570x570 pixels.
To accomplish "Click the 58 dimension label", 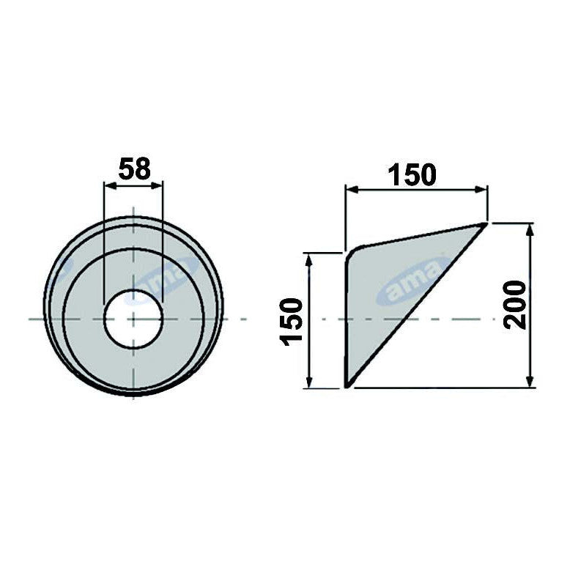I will [x=133, y=169].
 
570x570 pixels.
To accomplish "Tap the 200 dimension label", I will [x=517, y=304].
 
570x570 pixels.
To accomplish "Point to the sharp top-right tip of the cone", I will [x=485, y=223].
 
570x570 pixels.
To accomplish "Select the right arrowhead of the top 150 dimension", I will [x=483, y=190].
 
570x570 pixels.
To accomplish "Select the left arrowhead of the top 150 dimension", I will [x=350, y=190].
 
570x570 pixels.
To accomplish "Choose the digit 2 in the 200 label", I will [x=517, y=321].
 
